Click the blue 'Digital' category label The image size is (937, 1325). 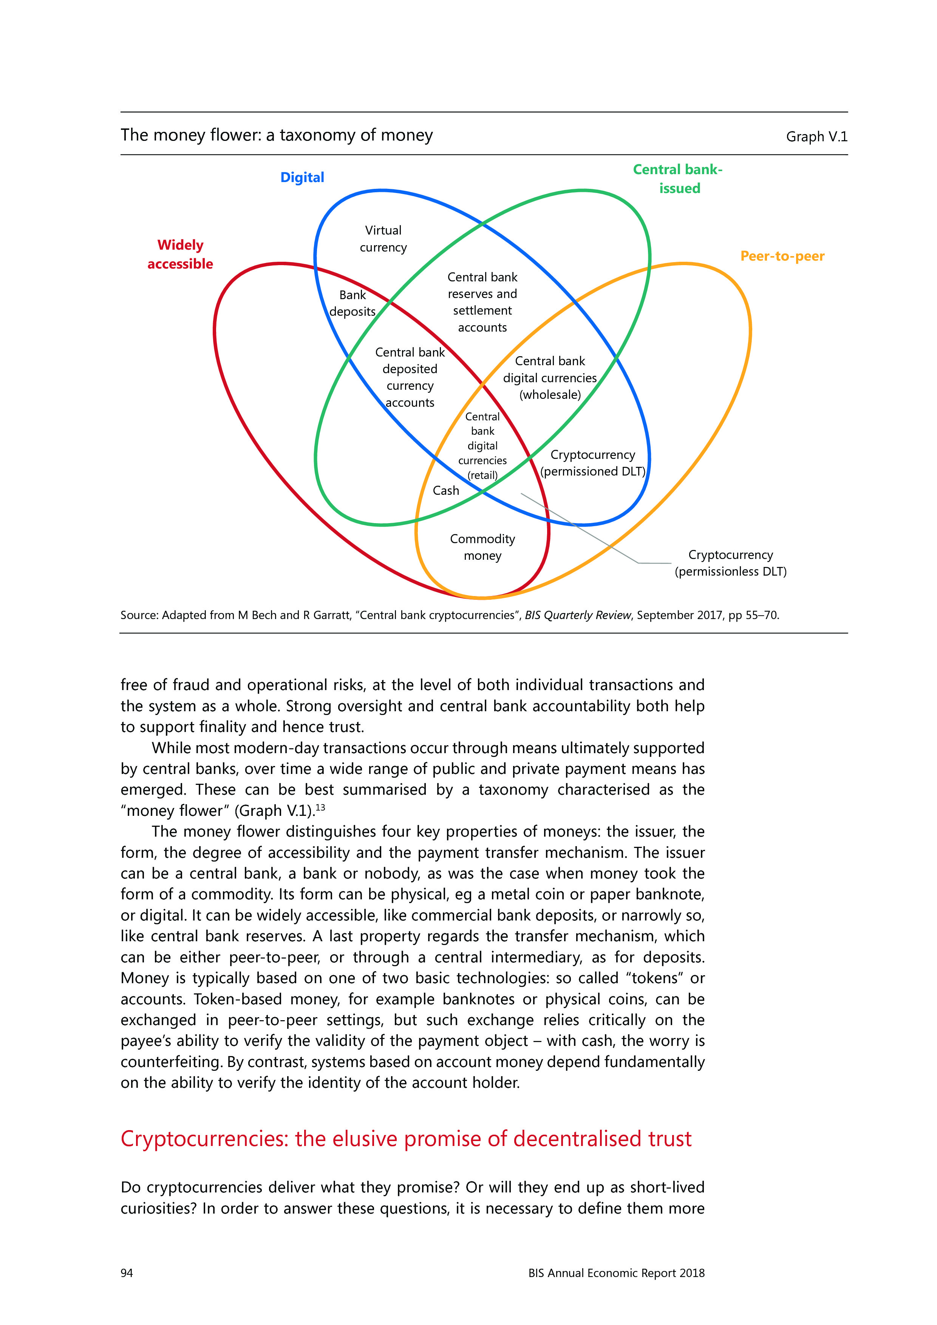tap(302, 177)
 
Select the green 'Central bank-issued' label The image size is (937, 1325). tap(678, 179)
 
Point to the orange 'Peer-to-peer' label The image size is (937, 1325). tap(782, 256)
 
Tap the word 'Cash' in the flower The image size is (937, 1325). tap(446, 491)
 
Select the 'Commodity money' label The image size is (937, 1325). tap(482, 547)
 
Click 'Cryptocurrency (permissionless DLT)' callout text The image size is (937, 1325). tap(730, 563)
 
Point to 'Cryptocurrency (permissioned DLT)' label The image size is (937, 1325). tap(592, 463)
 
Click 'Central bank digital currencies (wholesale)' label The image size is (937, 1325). tap(550, 378)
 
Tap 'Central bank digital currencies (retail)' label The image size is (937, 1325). tap(482, 446)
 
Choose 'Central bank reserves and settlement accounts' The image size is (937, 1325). tap(482, 303)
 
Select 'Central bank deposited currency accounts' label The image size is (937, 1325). tap(410, 377)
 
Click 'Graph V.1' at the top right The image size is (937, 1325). tap(816, 137)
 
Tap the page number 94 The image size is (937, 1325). tap(127, 1272)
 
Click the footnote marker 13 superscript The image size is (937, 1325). tap(320, 807)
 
